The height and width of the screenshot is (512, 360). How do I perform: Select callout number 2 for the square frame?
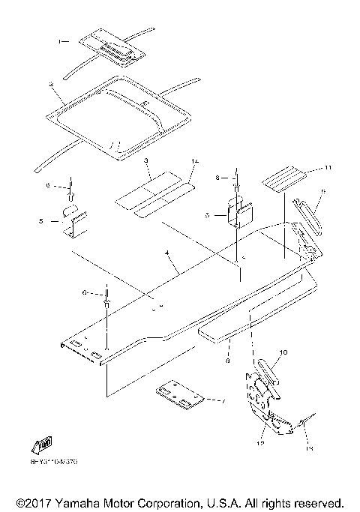[50, 86]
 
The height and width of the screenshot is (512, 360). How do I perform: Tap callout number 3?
[148, 162]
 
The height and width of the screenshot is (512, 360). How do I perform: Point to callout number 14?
[193, 161]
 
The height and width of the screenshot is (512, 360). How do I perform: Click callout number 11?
[307, 166]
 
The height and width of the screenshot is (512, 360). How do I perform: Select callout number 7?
[223, 402]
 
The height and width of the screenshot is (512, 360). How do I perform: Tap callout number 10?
[283, 351]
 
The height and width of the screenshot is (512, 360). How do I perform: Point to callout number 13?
[309, 448]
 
